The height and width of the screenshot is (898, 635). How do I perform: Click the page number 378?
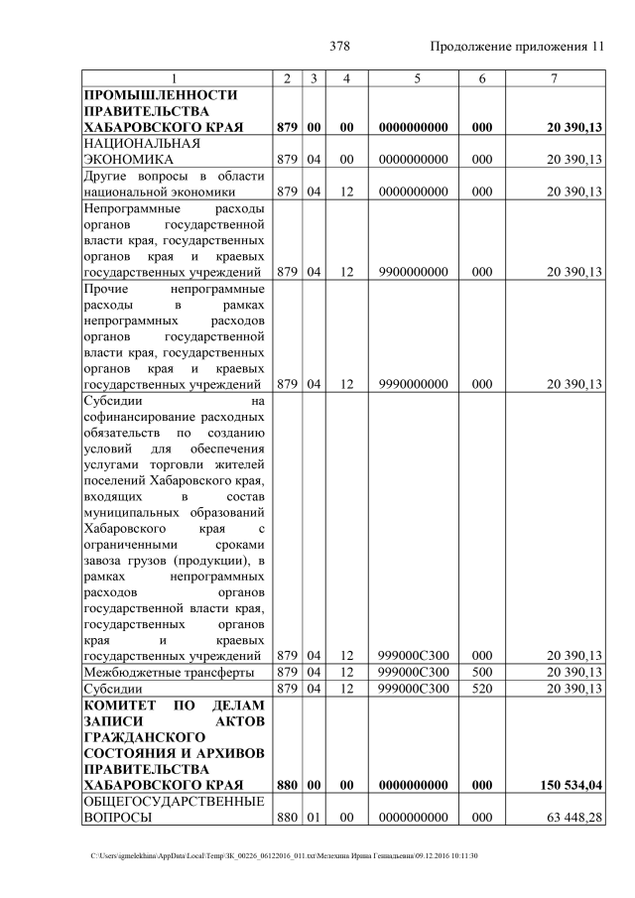point(339,47)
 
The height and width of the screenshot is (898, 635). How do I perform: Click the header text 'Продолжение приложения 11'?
point(517,47)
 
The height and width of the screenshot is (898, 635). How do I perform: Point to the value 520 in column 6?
point(482,689)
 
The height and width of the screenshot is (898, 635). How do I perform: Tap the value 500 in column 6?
point(482,673)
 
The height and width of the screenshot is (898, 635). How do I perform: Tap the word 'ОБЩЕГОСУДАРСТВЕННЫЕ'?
point(173,802)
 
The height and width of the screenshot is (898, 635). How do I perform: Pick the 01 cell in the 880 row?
point(313,819)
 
